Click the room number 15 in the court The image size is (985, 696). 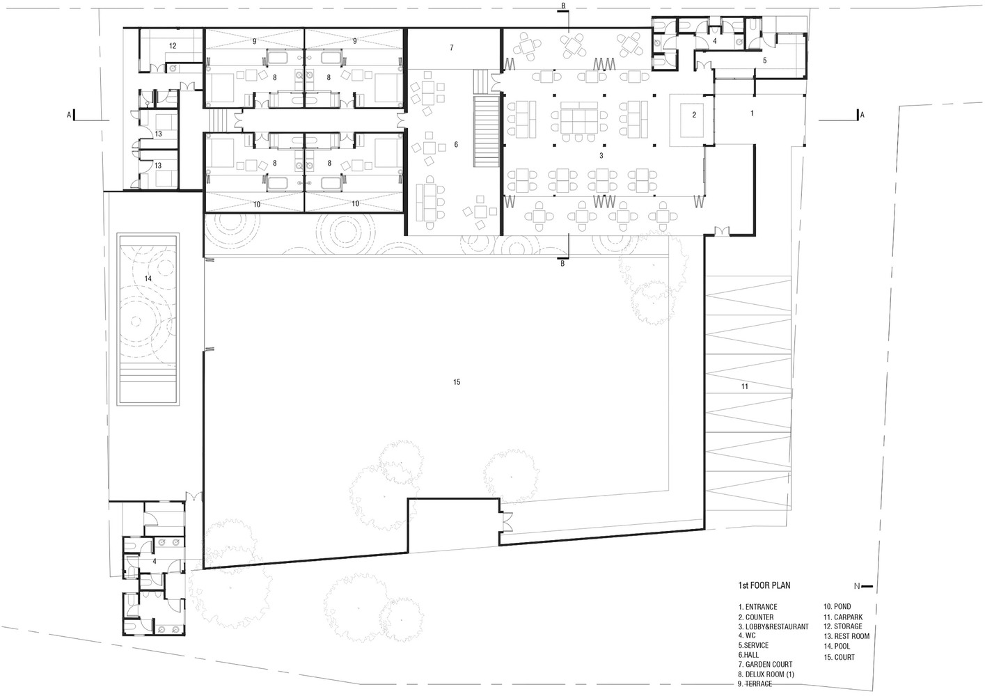coord(457,382)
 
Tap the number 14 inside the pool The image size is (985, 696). coord(148,279)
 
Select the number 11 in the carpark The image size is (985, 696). coord(744,386)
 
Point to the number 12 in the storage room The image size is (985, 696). coord(173,46)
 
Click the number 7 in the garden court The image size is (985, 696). coord(452,47)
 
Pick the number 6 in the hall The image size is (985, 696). coord(456,144)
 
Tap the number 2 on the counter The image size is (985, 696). coord(694,115)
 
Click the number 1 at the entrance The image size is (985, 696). coord(752,113)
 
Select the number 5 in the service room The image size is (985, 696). coord(765,61)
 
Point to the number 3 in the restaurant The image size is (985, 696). coord(601,156)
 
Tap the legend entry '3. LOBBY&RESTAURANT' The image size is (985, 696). coord(773,626)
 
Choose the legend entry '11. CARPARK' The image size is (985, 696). coord(843,617)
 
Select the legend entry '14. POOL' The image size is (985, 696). coord(837,646)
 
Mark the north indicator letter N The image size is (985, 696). coord(857,586)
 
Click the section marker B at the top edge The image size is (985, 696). coord(563,6)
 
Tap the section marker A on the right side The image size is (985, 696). coord(862,116)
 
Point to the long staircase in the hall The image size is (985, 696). coord(486,132)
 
